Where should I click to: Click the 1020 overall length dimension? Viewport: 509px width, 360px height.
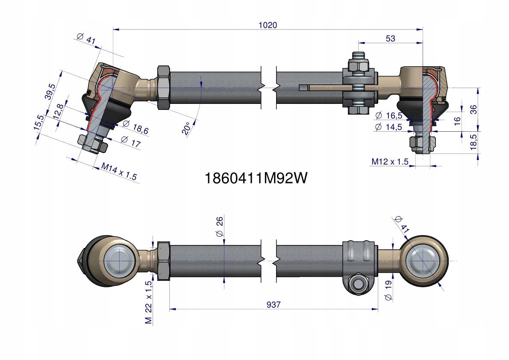point(268,25)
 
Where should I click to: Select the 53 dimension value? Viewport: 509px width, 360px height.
point(390,38)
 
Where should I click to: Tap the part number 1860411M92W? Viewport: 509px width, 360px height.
point(256,178)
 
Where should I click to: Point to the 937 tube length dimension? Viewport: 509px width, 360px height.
point(274,305)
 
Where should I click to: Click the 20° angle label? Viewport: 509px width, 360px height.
point(186,128)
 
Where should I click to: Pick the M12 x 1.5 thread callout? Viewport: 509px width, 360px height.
point(390,162)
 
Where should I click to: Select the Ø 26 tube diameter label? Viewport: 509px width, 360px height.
point(220,227)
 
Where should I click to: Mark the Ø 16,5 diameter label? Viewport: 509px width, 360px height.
point(388,116)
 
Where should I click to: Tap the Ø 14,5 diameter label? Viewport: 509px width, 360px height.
point(388,127)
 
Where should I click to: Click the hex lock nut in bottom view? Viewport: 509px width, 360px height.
point(164,261)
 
